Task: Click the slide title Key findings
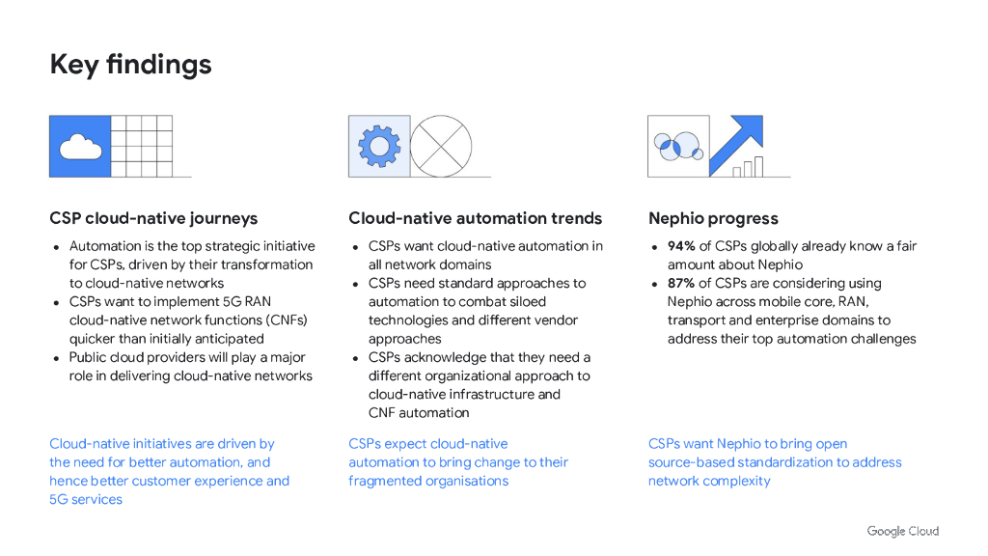pyautogui.click(x=130, y=65)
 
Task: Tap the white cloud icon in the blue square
pyautogui.click(x=80, y=147)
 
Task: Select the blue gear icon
pyautogui.click(x=378, y=146)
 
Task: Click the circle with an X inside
pyautogui.click(x=441, y=146)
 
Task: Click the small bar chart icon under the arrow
pyautogui.click(x=748, y=167)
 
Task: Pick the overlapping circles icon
pyautogui.click(x=677, y=146)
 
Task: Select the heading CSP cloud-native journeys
pyautogui.click(x=153, y=218)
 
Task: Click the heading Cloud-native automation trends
pyautogui.click(x=475, y=218)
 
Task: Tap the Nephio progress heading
pyautogui.click(x=713, y=218)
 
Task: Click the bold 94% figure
pyautogui.click(x=681, y=246)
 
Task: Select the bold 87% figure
pyautogui.click(x=681, y=283)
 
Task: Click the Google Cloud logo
pyautogui.click(x=902, y=531)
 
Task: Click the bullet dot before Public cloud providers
pyautogui.click(x=57, y=358)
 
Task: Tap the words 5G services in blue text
pyautogui.click(x=86, y=499)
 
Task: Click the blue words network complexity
pyautogui.click(x=709, y=481)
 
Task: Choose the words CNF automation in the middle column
pyautogui.click(x=419, y=412)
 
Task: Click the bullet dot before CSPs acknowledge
pyautogui.click(x=356, y=358)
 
